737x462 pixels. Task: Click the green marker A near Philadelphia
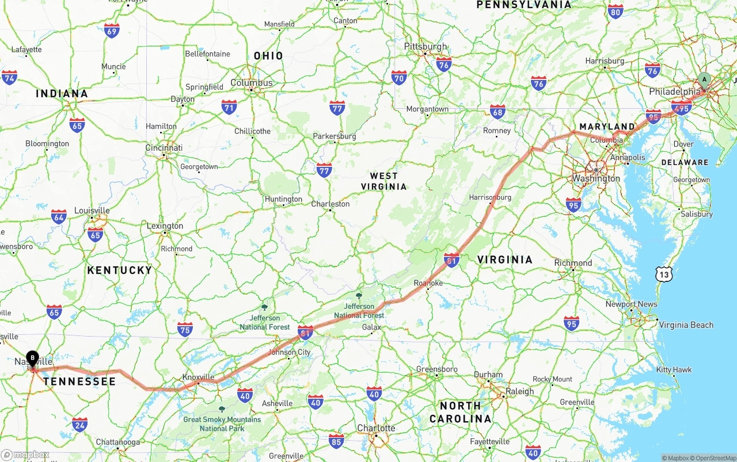[704, 81]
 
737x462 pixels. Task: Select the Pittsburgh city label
[426, 47]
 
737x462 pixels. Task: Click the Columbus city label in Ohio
[252, 83]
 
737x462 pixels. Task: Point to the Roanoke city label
[428, 283]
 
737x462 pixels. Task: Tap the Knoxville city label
[198, 377]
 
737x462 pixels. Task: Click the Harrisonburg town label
[490, 197]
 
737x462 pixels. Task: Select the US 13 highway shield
[664, 274]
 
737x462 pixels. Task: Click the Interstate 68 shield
[498, 112]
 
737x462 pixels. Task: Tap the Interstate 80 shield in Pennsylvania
[616, 11]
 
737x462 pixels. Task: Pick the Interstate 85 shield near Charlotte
[336, 441]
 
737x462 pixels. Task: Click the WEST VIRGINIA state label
[384, 181]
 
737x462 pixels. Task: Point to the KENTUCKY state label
[120, 270]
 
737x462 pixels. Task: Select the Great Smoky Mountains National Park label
[222, 423]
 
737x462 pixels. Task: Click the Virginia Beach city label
[686, 325]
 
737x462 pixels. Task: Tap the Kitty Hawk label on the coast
[674, 369]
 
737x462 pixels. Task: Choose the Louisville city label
[92, 211]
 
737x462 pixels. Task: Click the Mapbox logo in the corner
[25, 455]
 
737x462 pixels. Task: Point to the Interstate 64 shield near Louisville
[59, 216]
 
